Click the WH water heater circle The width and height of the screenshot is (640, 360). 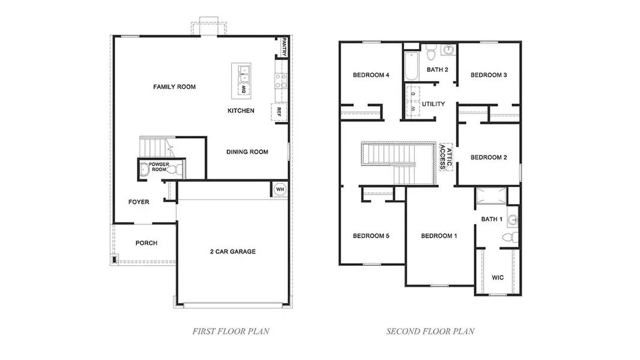pyautogui.click(x=279, y=190)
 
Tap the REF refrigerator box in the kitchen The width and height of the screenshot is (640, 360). pyautogui.click(x=280, y=112)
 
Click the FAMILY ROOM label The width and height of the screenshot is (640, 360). pyautogui.click(x=174, y=87)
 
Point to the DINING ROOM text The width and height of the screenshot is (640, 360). pyautogui.click(x=247, y=152)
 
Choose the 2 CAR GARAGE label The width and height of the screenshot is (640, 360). pyautogui.click(x=232, y=251)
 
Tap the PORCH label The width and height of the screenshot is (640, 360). pyautogui.click(x=146, y=243)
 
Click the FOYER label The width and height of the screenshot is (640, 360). pyautogui.click(x=139, y=202)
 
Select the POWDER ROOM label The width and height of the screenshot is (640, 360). pyautogui.click(x=158, y=167)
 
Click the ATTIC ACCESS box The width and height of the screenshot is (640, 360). pyautogui.click(x=445, y=157)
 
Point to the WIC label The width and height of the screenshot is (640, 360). pyautogui.click(x=498, y=278)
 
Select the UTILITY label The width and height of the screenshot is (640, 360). pyautogui.click(x=433, y=104)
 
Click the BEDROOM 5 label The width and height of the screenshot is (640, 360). pyautogui.click(x=371, y=236)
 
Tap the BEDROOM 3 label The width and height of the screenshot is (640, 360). pyautogui.click(x=489, y=75)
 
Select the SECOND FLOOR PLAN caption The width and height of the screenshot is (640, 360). pyautogui.click(x=430, y=331)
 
